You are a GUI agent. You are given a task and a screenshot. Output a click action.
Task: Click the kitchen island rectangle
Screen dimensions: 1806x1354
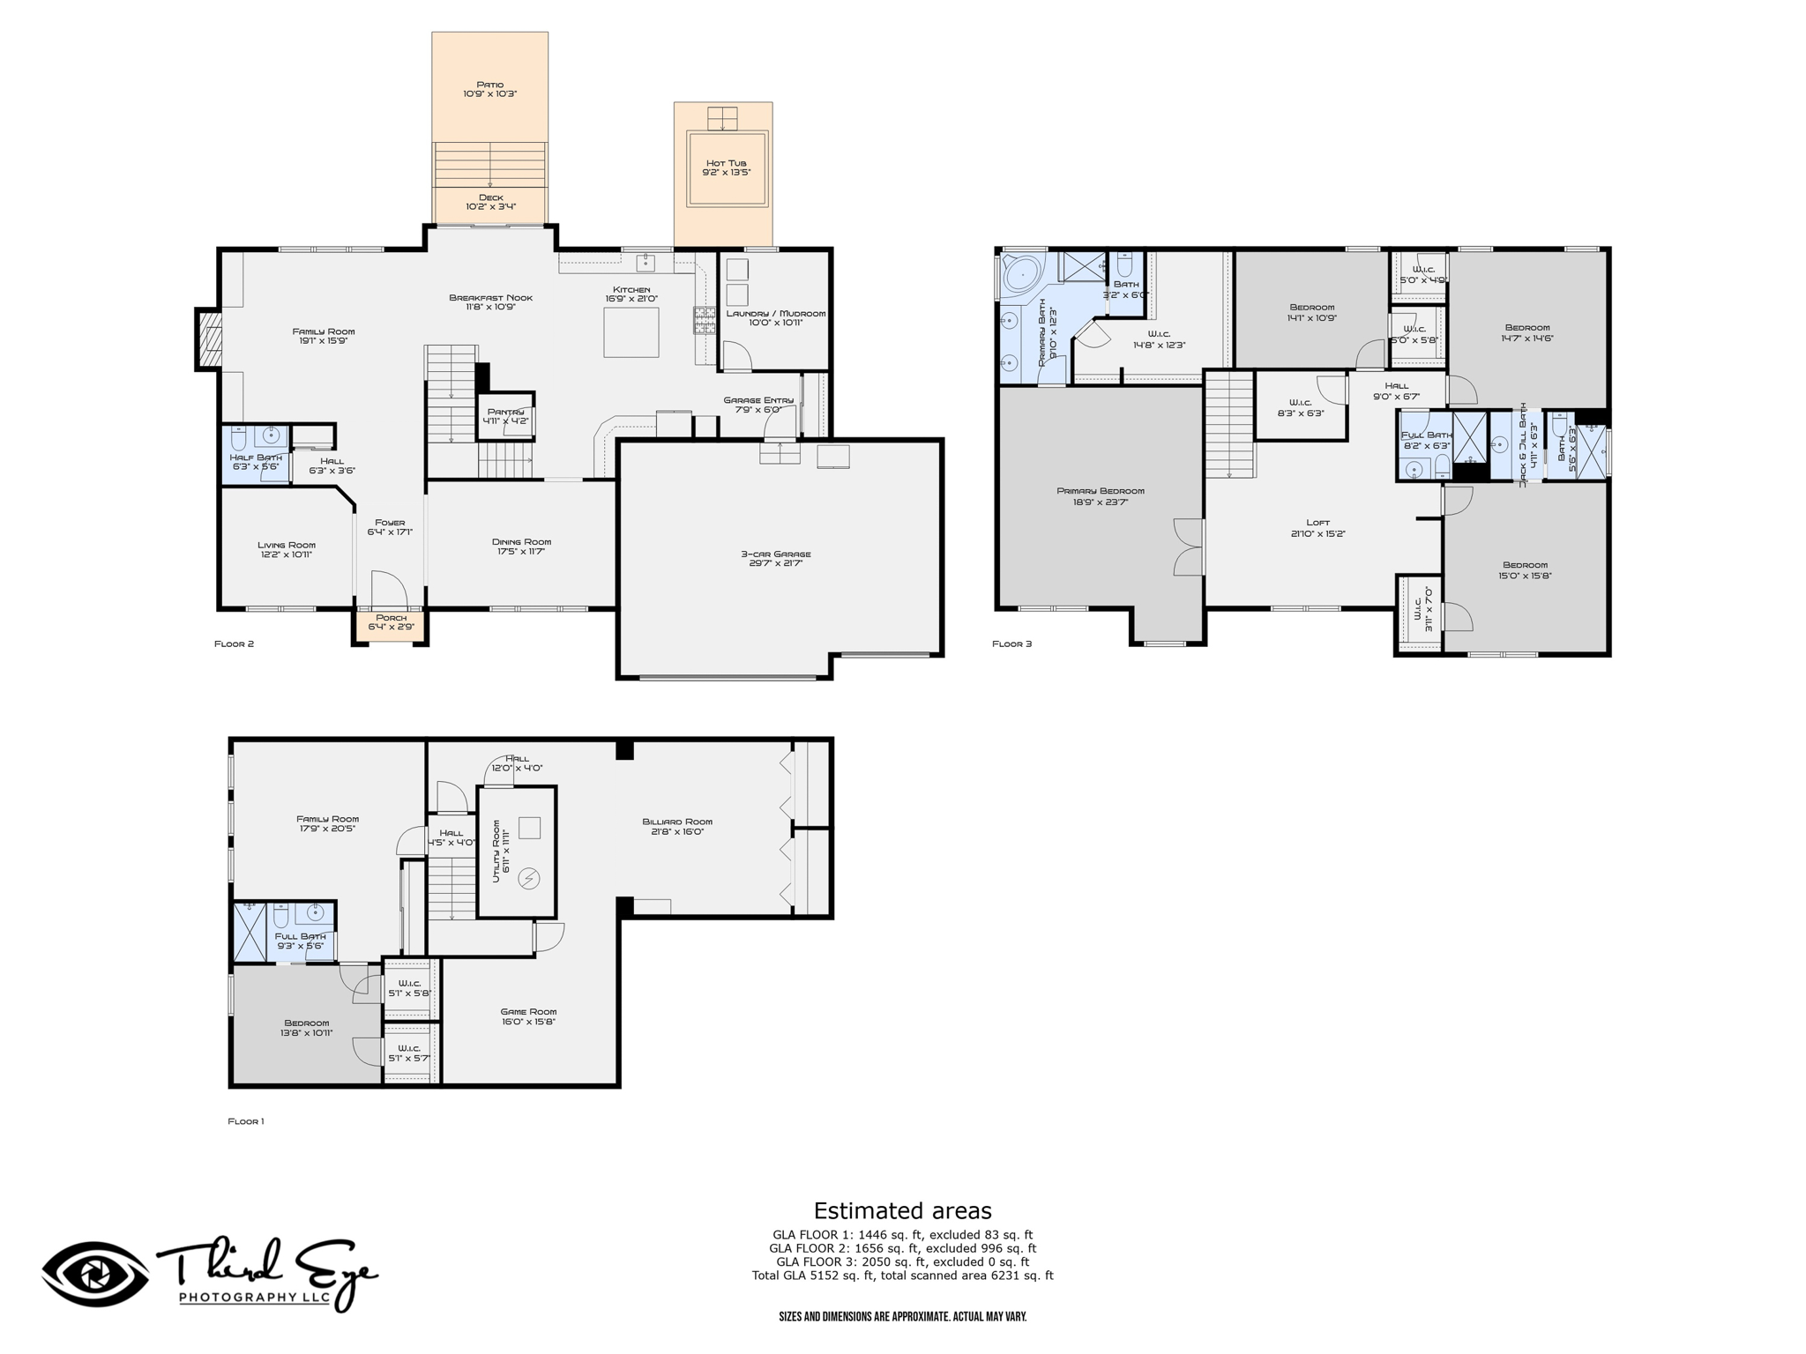tap(631, 332)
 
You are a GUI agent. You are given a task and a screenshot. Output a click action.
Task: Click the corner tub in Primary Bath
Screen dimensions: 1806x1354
tap(1021, 274)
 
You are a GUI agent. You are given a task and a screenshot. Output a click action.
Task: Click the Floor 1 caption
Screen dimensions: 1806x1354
tap(246, 1121)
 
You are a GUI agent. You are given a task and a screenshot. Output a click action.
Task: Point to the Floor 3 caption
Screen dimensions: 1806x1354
tap(1011, 644)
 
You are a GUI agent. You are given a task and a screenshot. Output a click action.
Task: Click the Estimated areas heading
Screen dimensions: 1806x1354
tap(902, 1210)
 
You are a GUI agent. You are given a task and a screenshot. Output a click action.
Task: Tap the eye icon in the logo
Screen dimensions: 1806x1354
tap(95, 1275)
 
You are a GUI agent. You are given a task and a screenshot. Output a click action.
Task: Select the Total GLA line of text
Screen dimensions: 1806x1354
tap(902, 1276)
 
